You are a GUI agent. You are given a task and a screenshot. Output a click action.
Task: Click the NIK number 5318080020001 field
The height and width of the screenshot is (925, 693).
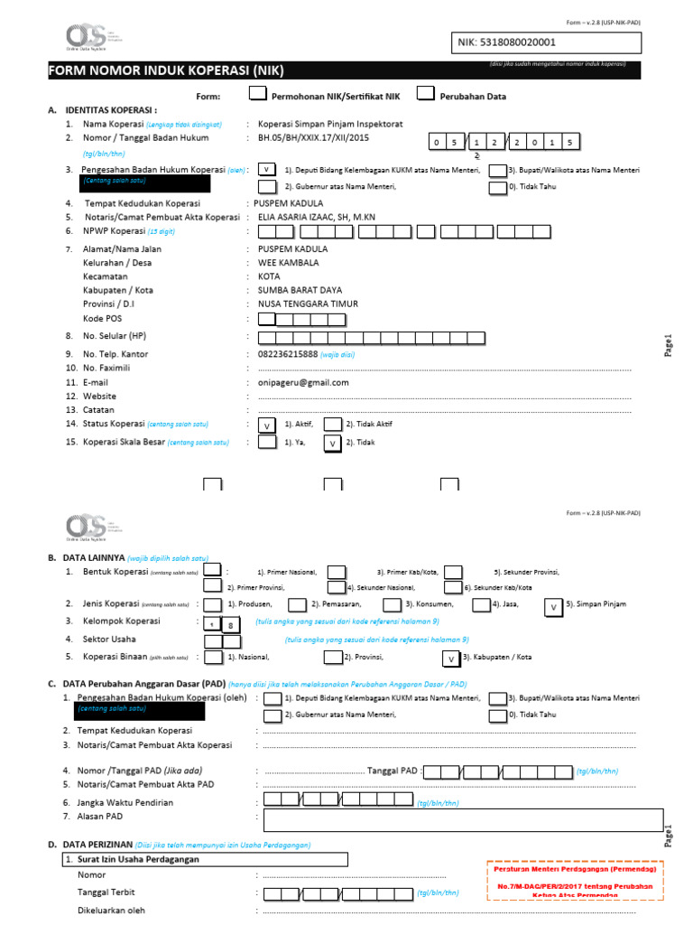point(545,42)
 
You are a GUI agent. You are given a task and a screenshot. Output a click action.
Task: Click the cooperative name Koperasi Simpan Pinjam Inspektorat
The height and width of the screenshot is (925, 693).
point(330,124)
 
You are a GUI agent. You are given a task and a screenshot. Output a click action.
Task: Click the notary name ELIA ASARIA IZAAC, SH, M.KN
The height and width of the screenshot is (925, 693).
point(316,217)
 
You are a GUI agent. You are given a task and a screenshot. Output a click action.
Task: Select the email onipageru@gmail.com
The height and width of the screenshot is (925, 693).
point(303,382)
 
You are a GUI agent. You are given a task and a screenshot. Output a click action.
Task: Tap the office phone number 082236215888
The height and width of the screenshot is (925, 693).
point(288,354)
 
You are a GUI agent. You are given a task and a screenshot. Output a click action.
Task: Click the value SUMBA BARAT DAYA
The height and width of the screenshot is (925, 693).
point(300,289)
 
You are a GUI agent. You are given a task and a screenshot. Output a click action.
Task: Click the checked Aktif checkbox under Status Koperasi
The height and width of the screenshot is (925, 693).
point(267,425)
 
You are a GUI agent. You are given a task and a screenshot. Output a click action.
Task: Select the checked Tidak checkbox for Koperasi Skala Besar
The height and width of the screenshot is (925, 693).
point(333,443)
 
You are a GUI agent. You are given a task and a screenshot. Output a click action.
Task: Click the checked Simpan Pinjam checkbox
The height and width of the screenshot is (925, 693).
point(552,607)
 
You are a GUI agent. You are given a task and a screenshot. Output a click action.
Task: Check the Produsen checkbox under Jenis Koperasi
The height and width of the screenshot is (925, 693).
point(215,605)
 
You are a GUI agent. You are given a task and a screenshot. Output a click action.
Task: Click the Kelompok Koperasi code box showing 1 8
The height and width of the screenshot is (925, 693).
point(221,623)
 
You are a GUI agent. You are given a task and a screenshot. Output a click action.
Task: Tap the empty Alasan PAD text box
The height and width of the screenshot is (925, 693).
point(461,818)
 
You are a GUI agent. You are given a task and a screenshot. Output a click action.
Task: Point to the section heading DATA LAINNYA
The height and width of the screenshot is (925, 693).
point(87,558)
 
